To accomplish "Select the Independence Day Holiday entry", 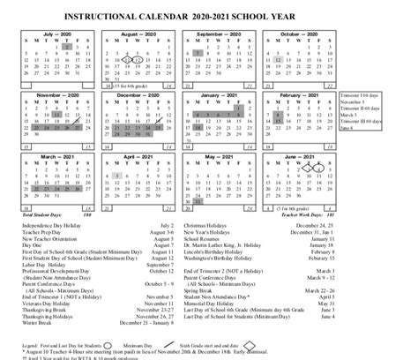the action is pos(48,225).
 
